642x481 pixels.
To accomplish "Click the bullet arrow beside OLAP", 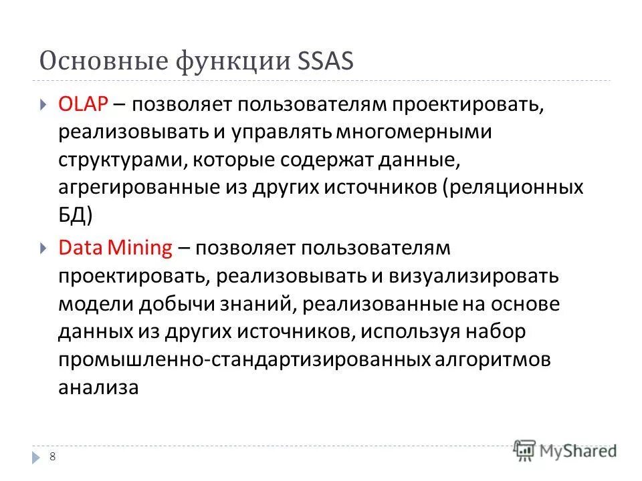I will tap(43, 105).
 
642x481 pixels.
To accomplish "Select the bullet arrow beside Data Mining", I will tap(43, 248).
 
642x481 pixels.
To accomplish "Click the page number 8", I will tap(53, 456).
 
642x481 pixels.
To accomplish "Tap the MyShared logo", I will tap(565, 450).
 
